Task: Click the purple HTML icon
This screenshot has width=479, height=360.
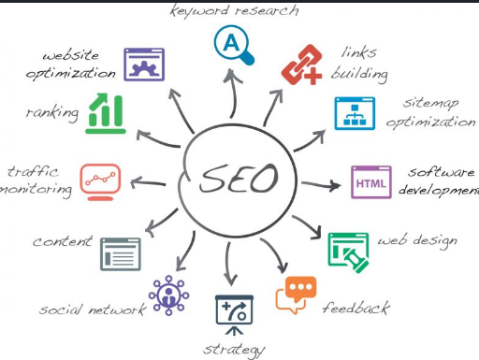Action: click(x=370, y=181)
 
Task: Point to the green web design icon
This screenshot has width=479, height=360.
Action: click(x=348, y=250)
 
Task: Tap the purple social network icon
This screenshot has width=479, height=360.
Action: click(x=169, y=293)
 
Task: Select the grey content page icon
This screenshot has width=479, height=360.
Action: click(x=120, y=253)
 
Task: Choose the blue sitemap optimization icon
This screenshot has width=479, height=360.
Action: click(x=356, y=112)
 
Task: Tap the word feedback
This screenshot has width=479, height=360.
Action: click(x=356, y=306)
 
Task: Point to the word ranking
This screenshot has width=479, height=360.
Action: click(x=53, y=112)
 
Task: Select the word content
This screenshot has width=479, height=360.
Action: click(x=63, y=241)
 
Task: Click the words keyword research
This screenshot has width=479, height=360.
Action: click(x=234, y=11)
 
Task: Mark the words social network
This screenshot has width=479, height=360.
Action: click(x=92, y=309)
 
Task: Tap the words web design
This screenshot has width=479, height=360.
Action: click(x=417, y=241)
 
